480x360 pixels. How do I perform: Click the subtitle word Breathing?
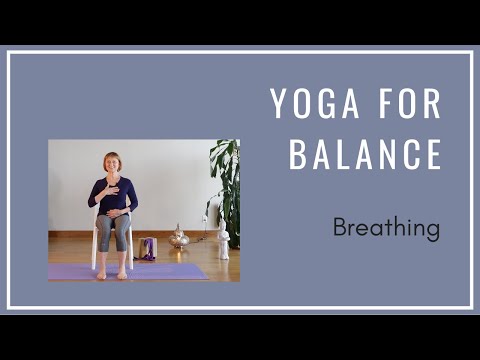[x=386, y=228]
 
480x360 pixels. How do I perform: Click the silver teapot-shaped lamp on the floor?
[x=180, y=238]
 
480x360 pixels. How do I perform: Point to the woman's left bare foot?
[x=124, y=272]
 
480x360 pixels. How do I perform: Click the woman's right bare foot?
[x=102, y=273]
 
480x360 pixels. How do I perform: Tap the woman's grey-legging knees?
[x=111, y=225]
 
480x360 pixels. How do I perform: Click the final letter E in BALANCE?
[x=432, y=156]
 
